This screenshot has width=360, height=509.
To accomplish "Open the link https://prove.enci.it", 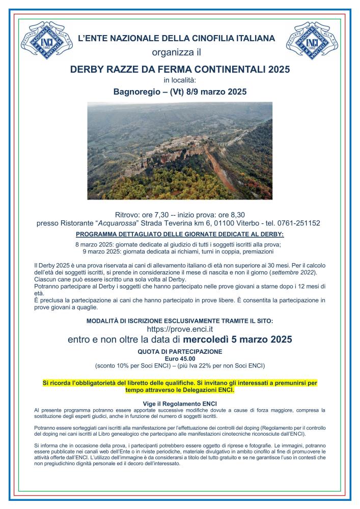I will tap(180, 329).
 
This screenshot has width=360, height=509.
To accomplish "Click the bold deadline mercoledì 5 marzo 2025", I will tap(238, 340).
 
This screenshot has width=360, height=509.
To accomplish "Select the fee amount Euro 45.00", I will tap(180, 358).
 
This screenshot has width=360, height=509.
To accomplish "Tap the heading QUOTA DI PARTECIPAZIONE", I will tap(180, 352).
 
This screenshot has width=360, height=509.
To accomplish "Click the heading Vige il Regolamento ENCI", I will tap(180, 403).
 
